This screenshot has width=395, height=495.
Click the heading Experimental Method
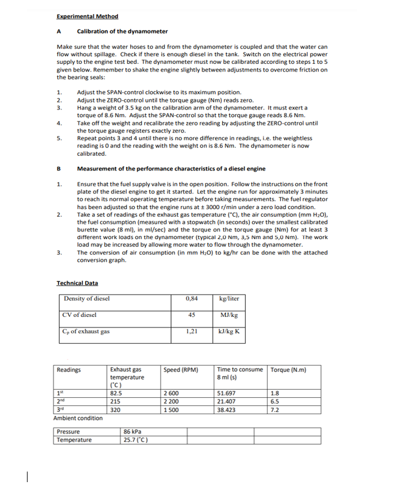[x=87, y=16]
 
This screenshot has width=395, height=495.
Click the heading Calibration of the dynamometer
[x=122, y=31]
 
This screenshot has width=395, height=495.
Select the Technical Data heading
[x=77, y=283]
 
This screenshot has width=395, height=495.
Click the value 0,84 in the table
[x=192, y=299]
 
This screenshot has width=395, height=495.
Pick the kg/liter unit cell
[x=228, y=299]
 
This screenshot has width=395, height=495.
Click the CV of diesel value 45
[x=192, y=315]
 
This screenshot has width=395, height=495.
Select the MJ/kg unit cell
[x=228, y=315]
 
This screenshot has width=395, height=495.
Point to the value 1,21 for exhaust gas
[x=192, y=332]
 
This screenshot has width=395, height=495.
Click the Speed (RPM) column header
[x=181, y=370]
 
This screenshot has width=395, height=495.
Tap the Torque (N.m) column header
[x=288, y=370]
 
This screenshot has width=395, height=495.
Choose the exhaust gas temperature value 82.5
[x=116, y=393]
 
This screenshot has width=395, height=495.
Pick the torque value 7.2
[x=275, y=410]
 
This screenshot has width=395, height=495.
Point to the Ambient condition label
[x=78, y=418]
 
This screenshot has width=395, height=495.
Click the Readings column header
[x=69, y=370]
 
